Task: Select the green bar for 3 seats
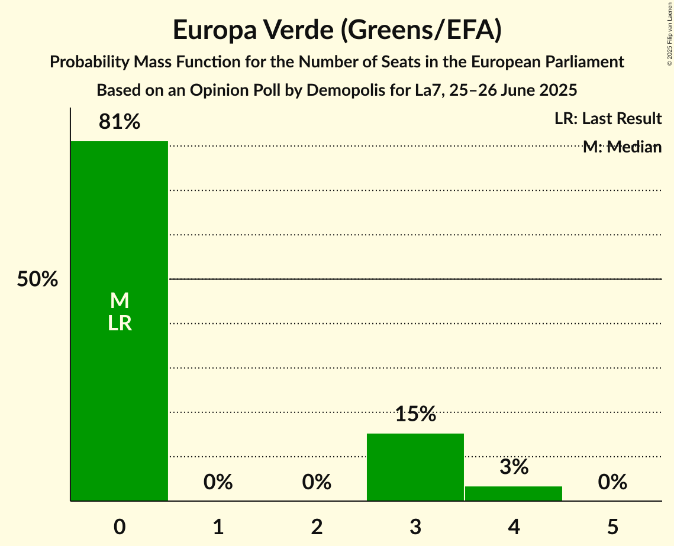click(415, 467)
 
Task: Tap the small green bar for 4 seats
click(514, 493)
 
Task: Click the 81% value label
click(120, 122)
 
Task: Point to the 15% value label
click(415, 414)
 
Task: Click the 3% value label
click(514, 467)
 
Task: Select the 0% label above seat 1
click(218, 482)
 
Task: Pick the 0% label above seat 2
click(317, 482)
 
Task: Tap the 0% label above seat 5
click(612, 482)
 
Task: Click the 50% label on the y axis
click(37, 279)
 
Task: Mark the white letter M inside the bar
click(120, 301)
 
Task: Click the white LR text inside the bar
click(120, 323)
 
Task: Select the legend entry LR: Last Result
click(608, 119)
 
